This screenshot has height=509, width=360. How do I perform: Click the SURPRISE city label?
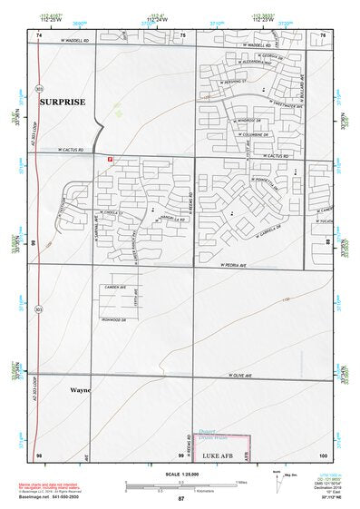pos(62,103)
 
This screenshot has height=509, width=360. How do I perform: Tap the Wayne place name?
pos(80,391)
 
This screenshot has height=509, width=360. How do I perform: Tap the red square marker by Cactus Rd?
pos(110,159)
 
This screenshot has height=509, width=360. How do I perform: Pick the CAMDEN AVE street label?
pos(115,288)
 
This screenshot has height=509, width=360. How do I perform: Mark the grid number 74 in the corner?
pos(39,35)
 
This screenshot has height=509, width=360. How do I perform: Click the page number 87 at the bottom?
pos(180,499)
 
